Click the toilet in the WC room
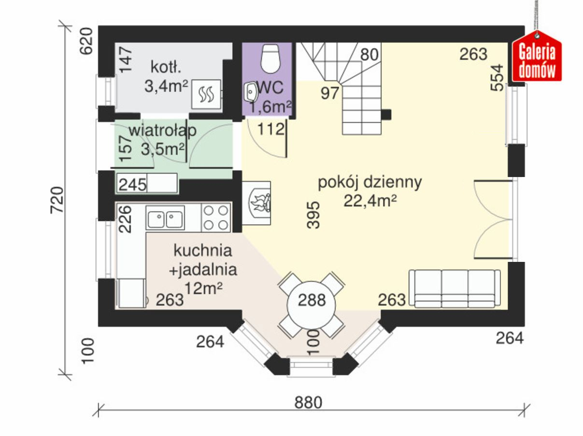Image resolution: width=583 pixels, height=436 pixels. (270, 58)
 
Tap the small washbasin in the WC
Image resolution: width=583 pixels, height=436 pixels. (250, 92)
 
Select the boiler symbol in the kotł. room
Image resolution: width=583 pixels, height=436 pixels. (206, 94)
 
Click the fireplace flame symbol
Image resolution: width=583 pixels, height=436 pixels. (259, 203)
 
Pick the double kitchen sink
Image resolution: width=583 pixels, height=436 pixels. (165, 218)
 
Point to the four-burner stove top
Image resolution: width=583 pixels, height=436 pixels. (216, 218)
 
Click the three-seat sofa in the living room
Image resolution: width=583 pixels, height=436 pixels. (455, 289)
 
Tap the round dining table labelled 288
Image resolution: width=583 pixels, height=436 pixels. (311, 305)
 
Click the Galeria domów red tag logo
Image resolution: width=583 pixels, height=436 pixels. (537, 56)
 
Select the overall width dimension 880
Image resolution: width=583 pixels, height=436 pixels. (308, 402)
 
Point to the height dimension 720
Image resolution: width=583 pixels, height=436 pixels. (57, 200)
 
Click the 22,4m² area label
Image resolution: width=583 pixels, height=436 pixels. (370, 201)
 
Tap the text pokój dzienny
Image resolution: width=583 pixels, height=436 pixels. (370, 182)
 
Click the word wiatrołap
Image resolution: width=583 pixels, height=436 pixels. (163, 131)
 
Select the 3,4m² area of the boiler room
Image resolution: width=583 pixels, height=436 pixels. (166, 86)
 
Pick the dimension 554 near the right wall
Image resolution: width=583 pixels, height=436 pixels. (497, 78)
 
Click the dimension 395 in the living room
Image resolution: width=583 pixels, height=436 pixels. (313, 215)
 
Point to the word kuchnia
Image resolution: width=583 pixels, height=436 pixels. (203, 250)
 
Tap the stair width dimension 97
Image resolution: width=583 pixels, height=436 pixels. (330, 93)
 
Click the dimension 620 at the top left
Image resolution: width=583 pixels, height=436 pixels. (86, 41)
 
